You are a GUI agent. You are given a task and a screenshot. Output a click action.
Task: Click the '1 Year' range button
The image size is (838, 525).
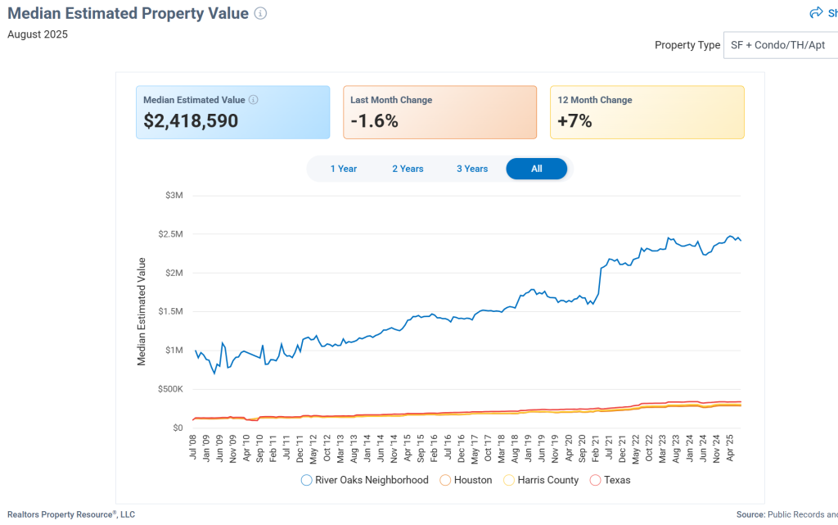point(344,169)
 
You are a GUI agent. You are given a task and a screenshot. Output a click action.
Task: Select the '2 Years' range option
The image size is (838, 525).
point(408,169)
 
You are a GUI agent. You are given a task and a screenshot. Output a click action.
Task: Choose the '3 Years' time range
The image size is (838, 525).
point(472,169)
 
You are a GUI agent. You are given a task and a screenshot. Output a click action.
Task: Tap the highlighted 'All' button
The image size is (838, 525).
point(536,169)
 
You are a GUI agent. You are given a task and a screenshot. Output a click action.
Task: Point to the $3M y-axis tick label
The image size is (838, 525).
point(173,196)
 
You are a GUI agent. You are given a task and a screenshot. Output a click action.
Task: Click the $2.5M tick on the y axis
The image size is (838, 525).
point(170,234)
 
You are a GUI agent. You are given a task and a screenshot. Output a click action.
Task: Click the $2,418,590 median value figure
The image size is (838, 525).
point(191,121)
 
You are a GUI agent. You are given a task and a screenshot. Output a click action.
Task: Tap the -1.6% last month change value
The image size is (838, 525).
point(374,121)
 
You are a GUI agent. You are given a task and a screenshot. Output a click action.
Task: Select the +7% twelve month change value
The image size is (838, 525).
point(574,121)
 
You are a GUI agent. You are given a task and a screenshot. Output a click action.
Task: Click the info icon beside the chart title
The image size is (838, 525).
point(260,13)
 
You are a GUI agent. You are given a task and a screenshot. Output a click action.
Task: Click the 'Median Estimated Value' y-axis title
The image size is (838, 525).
point(142,311)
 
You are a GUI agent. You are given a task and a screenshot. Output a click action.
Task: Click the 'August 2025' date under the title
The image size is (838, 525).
point(38,34)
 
